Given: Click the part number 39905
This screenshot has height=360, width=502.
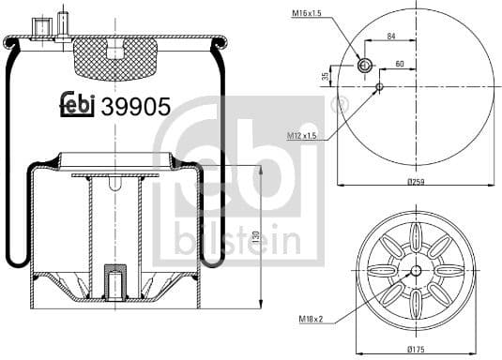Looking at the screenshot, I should point(136,106).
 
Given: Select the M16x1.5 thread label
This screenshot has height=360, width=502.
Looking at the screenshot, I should point(307,14).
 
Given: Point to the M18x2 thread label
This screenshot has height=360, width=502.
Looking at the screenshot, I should point(312,320).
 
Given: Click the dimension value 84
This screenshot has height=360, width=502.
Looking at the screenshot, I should point(390,37).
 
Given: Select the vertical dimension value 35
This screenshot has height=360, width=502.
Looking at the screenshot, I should point(326,76).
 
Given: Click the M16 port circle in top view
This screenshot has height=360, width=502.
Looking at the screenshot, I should point(366,66).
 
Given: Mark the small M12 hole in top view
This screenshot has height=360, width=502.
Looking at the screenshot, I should point(379,87).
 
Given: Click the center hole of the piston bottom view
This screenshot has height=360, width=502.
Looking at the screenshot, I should point(414,270).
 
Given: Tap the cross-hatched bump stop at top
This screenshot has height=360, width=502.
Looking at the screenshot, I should point(114,55).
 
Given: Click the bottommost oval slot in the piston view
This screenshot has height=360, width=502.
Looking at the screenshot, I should point(414,306).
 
